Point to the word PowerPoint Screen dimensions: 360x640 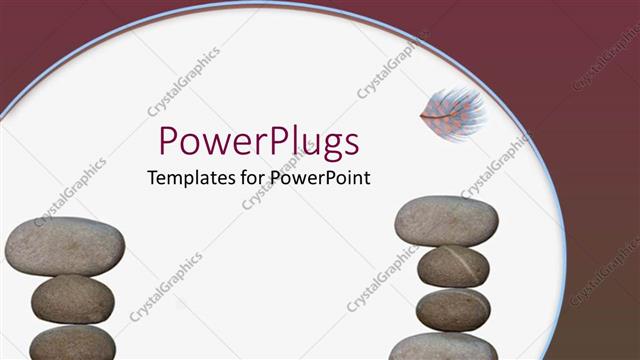[x=319, y=178]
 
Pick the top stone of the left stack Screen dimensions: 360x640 [x=65, y=246]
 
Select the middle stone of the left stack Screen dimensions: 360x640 [x=72, y=298]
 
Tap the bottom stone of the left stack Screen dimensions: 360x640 [x=72, y=343]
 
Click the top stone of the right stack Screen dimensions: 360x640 [x=445, y=221]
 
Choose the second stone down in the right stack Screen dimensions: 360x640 [x=453, y=266]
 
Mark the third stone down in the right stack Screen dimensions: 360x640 [x=453, y=308]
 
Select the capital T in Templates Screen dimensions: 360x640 [x=152, y=178]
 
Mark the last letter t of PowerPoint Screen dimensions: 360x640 [x=367, y=178]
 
